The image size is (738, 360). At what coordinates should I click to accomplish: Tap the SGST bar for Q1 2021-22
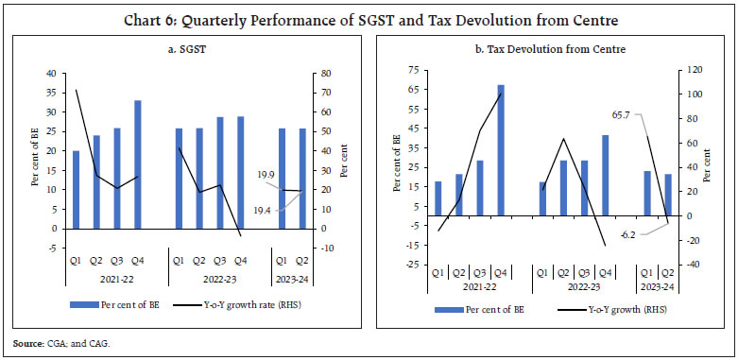pyautogui.click(x=77, y=189)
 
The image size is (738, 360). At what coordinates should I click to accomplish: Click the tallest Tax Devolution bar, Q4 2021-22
pyautogui.click(x=501, y=152)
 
